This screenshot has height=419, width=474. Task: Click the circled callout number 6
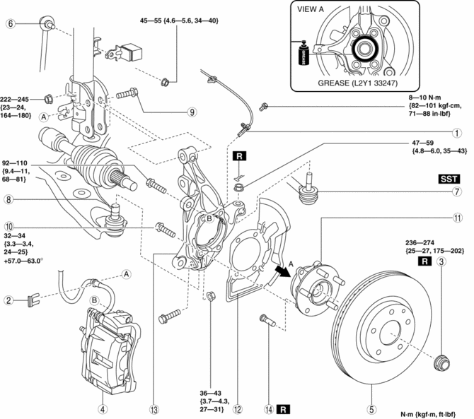point(11,24)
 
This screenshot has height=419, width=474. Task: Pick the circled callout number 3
point(442,263)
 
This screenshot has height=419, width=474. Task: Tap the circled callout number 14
point(270,408)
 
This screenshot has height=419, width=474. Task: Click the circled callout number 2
point(9,300)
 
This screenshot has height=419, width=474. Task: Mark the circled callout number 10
point(9,228)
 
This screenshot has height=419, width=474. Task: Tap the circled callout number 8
point(9,200)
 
